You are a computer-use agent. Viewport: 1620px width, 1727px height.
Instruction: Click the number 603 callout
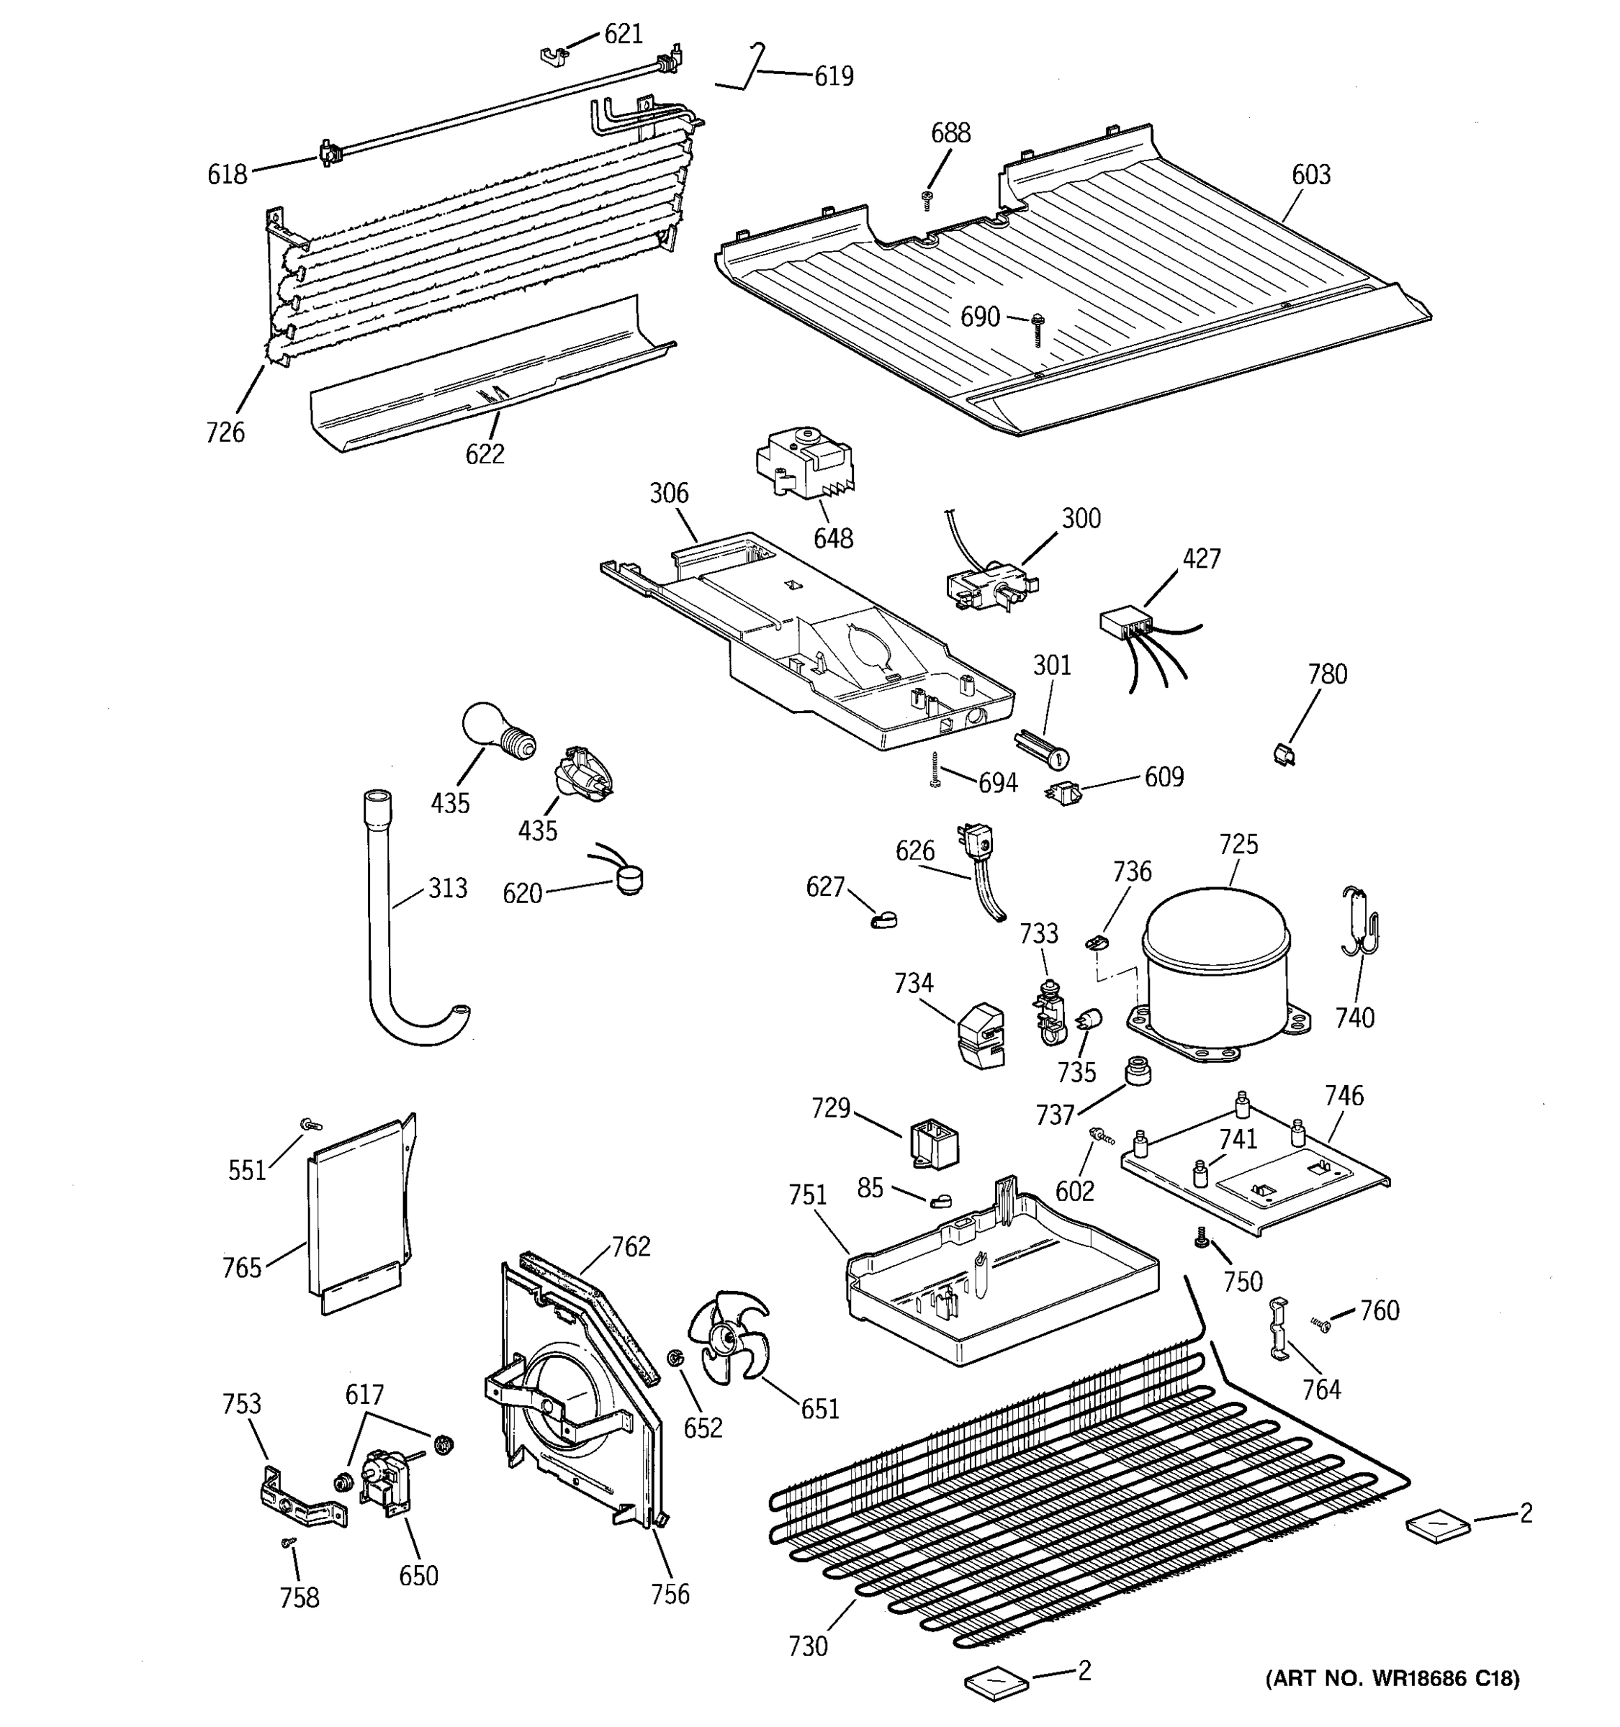click(1310, 175)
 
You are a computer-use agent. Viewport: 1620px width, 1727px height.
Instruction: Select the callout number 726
click(225, 432)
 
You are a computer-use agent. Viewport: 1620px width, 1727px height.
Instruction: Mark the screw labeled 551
click(307, 1125)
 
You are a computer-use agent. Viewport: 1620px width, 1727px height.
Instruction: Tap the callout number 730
click(807, 1646)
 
